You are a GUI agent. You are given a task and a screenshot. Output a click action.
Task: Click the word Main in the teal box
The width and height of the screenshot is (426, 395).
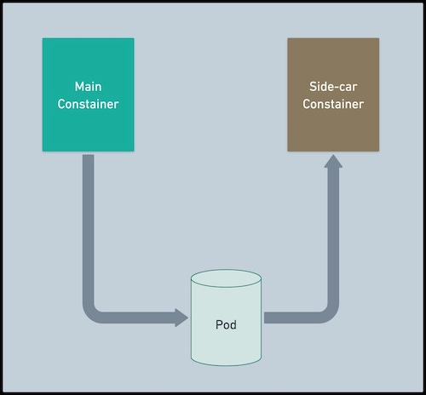pos(89,87)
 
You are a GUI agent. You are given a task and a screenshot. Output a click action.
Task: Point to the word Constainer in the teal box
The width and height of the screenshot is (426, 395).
pos(89,105)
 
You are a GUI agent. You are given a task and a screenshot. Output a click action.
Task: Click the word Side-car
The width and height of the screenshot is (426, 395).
pos(333,87)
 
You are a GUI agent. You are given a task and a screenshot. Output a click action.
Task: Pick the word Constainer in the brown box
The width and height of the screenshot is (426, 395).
pos(333,105)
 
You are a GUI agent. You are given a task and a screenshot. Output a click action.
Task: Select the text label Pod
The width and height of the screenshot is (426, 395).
pos(226,324)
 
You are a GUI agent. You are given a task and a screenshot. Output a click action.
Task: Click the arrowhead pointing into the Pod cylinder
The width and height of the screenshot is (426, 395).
pos(181,318)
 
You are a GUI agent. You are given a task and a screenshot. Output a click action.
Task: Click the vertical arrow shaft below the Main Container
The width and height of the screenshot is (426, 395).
pos(89,221)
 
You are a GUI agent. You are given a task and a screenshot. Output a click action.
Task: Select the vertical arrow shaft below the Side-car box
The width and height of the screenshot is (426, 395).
pos(333,238)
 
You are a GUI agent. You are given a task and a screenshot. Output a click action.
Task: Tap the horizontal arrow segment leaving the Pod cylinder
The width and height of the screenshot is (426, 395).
pos(290,318)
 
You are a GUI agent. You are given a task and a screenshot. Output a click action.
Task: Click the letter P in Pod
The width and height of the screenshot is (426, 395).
pos(218,324)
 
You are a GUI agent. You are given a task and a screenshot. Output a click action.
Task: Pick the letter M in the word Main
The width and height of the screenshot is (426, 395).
pos(78,87)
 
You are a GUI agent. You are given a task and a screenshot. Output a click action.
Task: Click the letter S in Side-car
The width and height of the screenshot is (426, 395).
pos(311,87)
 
